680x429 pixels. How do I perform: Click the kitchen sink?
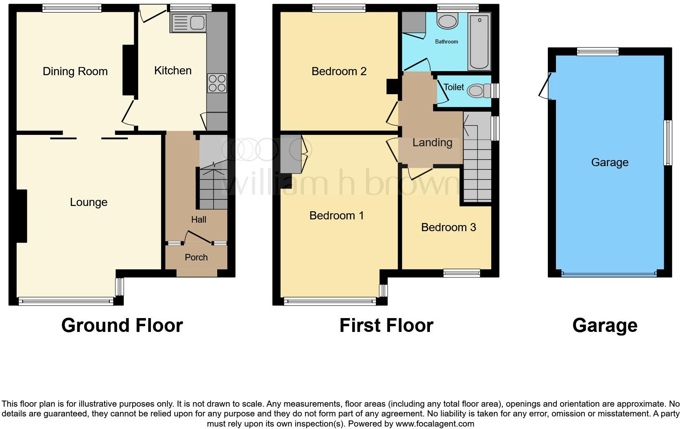point(189,23)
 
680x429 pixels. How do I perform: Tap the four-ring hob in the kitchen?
point(217,83)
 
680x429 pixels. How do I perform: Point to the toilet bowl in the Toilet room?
point(475,91)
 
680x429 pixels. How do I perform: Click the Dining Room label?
point(75,71)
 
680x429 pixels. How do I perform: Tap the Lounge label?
point(89,202)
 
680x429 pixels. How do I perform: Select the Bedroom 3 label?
point(448,227)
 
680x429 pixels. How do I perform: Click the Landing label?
point(432,143)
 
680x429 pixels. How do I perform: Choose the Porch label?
point(196,258)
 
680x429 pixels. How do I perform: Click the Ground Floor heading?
point(122,325)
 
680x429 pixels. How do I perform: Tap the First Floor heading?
point(386,325)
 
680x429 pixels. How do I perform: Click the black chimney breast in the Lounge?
point(22,216)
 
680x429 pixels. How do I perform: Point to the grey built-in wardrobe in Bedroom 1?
point(290,154)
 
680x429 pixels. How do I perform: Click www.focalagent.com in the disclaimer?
point(434,424)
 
